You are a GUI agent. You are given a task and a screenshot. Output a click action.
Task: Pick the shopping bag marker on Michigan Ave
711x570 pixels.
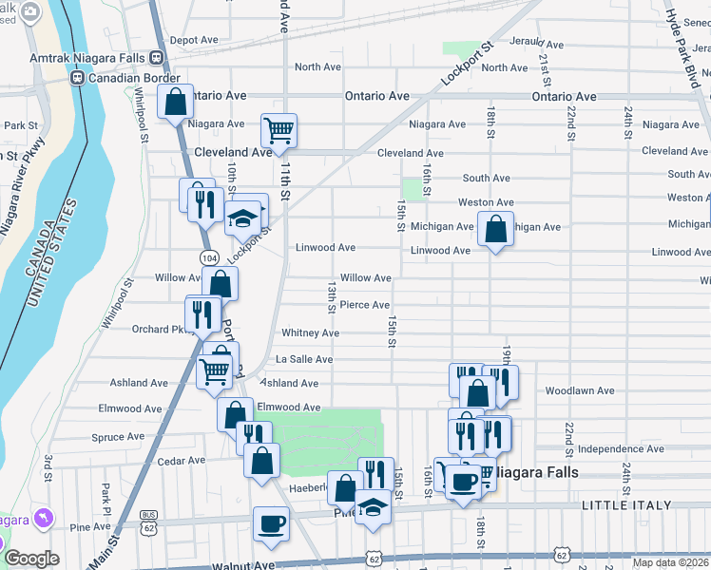pyautogui.click(x=495, y=229)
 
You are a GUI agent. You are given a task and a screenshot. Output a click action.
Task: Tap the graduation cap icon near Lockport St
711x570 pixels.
pyautogui.click(x=242, y=218)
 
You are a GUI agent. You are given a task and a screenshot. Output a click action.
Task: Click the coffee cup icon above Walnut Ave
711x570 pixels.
pyautogui.click(x=271, y=523)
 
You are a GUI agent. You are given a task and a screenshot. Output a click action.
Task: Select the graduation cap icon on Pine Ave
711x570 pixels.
pyautogui.click(x=374, y=509)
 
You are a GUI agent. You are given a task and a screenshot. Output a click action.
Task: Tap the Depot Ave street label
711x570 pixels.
pyautogui.click(x=194, y=41)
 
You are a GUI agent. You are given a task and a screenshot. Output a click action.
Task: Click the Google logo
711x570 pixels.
pyautogui.click(x=31, y=559)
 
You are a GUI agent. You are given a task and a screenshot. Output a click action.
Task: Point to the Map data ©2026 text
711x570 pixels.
pyautogui.click(x=671, y=562)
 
